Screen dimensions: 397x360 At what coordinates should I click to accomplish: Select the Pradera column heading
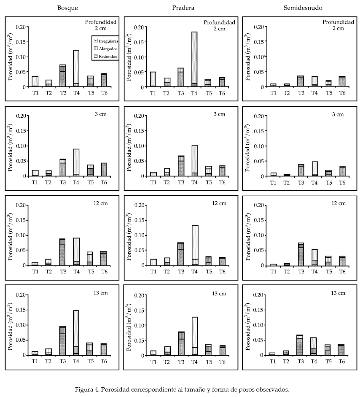tap(183, 8)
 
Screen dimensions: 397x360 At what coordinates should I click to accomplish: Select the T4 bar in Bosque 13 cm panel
tap(76, 333)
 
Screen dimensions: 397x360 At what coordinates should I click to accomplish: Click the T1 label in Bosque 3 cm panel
tap(35, 182)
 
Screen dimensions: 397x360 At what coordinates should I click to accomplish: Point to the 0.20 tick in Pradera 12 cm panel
tap(138, 205)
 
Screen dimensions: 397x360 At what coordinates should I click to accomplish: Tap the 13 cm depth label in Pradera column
tap(219, 293)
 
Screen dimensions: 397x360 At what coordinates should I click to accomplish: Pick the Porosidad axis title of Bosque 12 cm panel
tap(11, 234)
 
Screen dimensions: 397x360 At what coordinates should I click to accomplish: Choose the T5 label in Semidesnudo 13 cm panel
tap(328, 361)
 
